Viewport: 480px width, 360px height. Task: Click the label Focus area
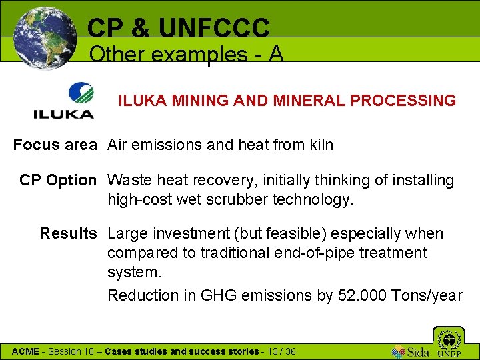point(55,144)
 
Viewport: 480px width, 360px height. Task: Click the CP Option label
point(58,180)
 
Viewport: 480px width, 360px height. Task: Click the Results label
point(68,233)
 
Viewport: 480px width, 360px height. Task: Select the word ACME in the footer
point(26,351)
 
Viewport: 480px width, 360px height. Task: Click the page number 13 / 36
point(280,351)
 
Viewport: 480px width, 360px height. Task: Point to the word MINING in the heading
point(197,101)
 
